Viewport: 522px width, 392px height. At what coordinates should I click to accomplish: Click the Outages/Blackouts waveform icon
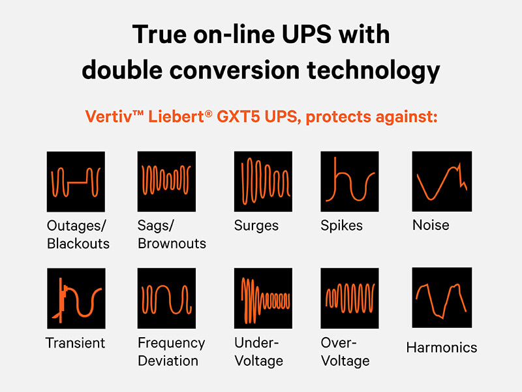[x=76, y=182]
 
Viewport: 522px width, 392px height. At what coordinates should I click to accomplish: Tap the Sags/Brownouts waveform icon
[x=166, y=182]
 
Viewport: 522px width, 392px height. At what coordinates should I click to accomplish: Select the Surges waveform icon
[x=263, y=182]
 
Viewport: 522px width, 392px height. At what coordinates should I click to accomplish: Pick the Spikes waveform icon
[x=350, y=182]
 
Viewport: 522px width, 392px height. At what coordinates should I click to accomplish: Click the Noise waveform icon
[x=442, y=182]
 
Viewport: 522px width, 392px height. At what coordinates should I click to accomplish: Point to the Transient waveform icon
[x=76, y=299]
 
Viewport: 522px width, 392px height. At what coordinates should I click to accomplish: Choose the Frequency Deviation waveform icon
[x=166, y=299]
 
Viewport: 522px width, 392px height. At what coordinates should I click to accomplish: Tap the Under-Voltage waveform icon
[x=263, y=299]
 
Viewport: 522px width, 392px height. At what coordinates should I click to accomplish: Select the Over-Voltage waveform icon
[x=350, y=299]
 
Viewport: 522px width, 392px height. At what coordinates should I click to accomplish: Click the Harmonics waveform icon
[x=442, y=298]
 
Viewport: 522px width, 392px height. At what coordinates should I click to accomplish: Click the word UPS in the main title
[x=307, y=35]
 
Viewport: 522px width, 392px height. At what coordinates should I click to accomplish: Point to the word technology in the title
[x=373, y=71]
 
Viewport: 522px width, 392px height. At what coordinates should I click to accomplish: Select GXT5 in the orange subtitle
[x=238, y=117]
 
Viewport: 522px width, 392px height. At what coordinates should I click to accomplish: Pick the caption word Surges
[x=256, y=225]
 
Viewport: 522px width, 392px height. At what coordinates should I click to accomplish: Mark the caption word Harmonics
[x=442, y=348]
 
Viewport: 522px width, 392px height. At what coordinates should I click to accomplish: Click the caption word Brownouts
[x=172, y=244]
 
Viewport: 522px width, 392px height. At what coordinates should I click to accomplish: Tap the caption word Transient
[x=75, y=343]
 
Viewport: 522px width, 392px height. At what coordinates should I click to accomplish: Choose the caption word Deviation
[x=168, y=361]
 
